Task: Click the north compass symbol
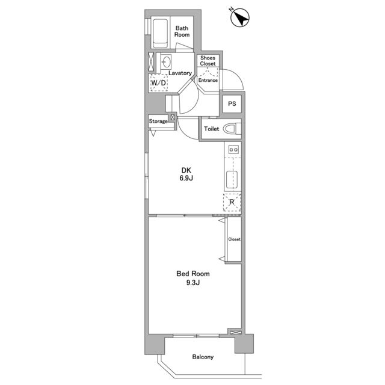point(240,17)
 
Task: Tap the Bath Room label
point(182,31)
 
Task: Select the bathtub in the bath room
point(160,34)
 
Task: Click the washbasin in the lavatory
point(167,63)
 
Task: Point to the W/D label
point(158,83)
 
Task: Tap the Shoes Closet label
point(208,61)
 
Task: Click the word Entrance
point(208,80)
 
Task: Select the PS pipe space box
point(232,104)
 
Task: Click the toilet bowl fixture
point(232,129)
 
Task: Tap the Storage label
point(158,122)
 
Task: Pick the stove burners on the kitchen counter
point(233,149)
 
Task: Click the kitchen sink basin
point(232,179)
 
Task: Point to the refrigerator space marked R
point(232,202)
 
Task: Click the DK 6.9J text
point(186,174)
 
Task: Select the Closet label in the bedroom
point(234,239)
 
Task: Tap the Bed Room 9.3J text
point(193,278)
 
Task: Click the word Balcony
point(203,357)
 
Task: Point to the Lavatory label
point(180,73)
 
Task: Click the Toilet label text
point(211,129)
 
